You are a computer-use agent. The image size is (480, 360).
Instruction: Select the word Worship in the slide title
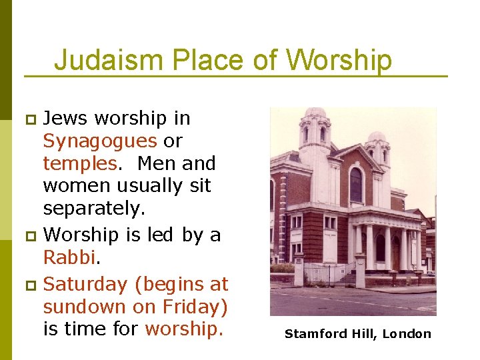pos(339,60)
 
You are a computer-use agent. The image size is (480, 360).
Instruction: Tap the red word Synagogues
pos(99,141)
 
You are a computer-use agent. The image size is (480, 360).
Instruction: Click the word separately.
pos(93,209)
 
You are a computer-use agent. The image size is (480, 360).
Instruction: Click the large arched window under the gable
pos(356,185)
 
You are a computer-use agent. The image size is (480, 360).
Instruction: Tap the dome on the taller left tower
pos(315,113)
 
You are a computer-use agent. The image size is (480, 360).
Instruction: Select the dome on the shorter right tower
pos(377,137)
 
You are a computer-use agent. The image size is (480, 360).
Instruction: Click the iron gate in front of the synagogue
pos(329,274)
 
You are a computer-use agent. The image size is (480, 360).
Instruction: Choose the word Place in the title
pos(207,60)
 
